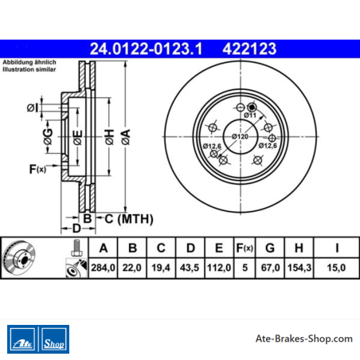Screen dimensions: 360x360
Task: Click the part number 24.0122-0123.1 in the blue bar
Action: (146, 49)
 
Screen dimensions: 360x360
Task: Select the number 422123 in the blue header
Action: (249, 49)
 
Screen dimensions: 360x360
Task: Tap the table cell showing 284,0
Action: (103, 268)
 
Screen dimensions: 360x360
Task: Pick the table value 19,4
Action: (161, 268)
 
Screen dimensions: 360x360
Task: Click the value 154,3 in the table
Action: (299, 268)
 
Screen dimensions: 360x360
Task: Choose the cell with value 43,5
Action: (190, 268)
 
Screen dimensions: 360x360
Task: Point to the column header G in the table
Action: (270, 248)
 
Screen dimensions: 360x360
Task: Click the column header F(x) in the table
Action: (245, 248)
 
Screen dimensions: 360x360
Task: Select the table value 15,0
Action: (336, 268)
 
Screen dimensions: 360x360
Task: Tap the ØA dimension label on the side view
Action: (126, 137)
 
